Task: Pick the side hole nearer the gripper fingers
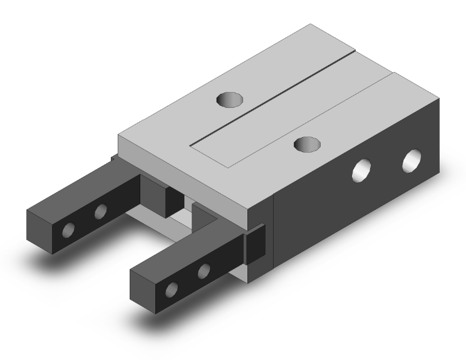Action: point(363,170)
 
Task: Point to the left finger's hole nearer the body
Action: point(100,213)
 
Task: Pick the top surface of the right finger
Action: point(182,254)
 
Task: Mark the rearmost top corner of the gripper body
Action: point(311,24)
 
